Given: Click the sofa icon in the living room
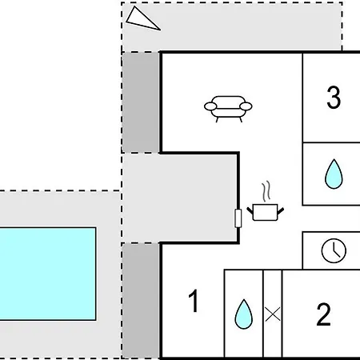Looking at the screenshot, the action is tap(228, 109).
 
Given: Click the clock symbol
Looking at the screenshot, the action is tap(334, 250).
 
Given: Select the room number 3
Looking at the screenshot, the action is tap(334, 98).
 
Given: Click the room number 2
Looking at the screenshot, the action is tap(323, 314).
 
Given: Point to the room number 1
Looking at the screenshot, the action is tap(194, 301).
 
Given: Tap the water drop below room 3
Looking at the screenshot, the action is tap(334, 174).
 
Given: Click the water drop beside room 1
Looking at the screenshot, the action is tap(243, 314).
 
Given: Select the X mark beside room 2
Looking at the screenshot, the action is tap(273, 314).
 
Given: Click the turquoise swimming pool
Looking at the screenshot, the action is tap(47, 274).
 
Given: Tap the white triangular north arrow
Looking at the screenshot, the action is tap(142, 19).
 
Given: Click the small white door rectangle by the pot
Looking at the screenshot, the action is tap(238, 218).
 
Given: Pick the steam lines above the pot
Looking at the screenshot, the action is tap(266, 191).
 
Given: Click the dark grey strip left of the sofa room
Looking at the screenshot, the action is tap(141, 102).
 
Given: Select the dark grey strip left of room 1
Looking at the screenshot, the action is tap(141, 301).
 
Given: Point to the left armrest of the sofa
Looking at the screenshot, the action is tap(210, 106).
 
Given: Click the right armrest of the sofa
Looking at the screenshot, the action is tap(246, 106).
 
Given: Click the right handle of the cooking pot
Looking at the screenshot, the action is tap(281, 211).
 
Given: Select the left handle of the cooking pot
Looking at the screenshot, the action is tap(250, 210).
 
